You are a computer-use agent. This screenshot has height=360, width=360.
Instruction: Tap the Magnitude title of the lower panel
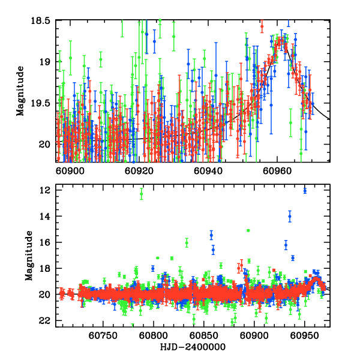click(28, 256)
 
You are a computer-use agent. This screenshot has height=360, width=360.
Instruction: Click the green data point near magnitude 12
click(142, 193)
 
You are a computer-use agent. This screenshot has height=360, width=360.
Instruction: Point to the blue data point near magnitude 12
click(305, 191)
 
